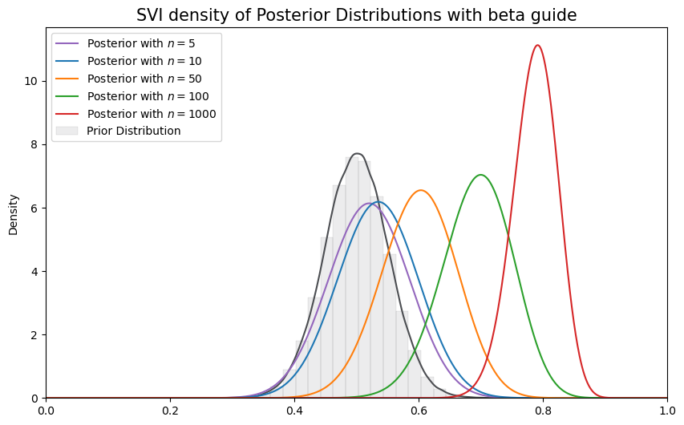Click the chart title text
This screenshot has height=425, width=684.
(x=356, y=15)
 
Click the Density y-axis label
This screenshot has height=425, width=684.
(x=13, y=213)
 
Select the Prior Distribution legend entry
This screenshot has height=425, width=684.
(x=134, y=131)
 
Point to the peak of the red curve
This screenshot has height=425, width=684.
(x=537, y=45)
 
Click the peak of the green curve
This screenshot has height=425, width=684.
(x=480, y=175)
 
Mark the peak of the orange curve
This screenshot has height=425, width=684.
(x=421, y=190)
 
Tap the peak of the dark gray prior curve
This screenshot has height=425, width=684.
(x=358, y=153)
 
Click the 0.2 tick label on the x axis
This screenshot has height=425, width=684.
(x=170, y=411)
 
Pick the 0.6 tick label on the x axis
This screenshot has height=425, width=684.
(x=419, y=411)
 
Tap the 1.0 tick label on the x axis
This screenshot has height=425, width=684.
(x=666, y=411)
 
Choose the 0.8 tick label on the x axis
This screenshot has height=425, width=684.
(x=543, y=411)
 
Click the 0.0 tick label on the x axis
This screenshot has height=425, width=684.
(x=46, y=411)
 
